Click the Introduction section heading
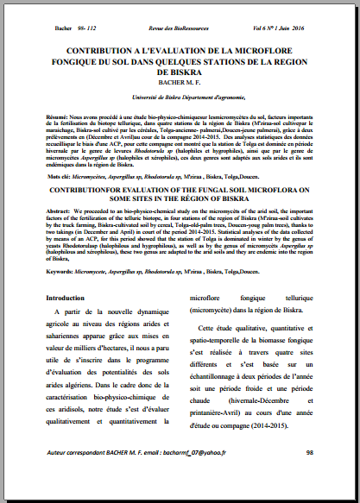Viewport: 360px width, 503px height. click(70, 298)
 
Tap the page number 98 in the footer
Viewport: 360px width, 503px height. click(308, 476)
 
